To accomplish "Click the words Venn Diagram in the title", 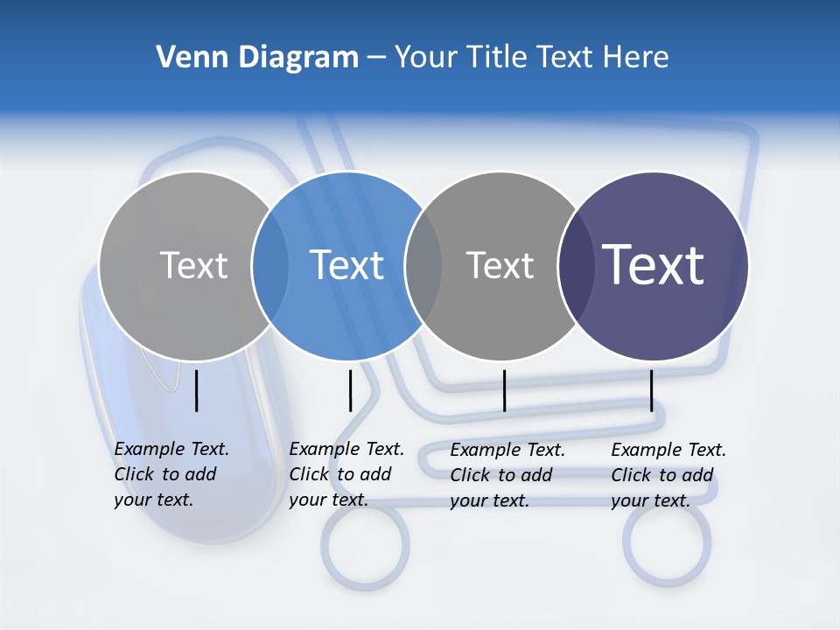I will pyautogui.click(x=257, y=58).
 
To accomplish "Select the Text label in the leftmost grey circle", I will pyautogui.click(x=193, y=265).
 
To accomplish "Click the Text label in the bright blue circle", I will pyautogui.click(x=347, y=265).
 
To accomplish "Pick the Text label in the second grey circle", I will pyautogui.click(x=500, y=265).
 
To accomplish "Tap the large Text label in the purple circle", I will pyautogui.click(x=654, y=265).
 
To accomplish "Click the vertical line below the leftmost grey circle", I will pyautogui.click(x=197, y=390).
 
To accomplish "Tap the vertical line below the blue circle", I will pyautogui.click(x=350, y=390).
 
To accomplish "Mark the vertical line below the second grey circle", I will pyautogui.click(x=504, y=390).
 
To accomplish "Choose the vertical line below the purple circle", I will pyautogui.click(x=651, y=390).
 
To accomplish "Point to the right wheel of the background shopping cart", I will pyautogui.click(x=667, y=542).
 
